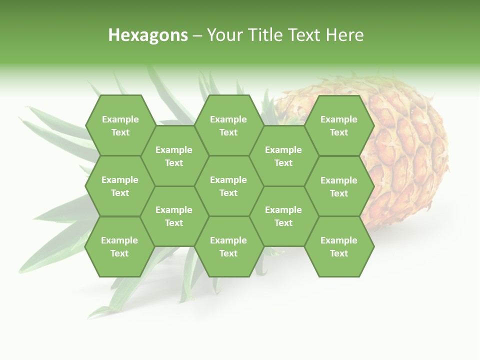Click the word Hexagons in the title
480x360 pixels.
148,35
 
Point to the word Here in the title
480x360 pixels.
345,35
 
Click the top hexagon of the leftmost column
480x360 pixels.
120,125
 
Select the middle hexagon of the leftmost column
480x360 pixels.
120,186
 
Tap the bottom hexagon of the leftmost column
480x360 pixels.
119,246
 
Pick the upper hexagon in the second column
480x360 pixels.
174,156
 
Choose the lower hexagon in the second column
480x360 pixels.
174,216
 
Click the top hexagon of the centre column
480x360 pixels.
228,125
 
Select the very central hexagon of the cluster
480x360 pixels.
228,186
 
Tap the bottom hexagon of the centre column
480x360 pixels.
228,246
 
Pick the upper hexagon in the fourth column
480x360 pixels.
283,156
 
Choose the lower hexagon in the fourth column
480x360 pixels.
283,216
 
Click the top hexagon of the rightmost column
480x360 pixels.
339,125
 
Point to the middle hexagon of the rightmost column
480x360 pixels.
339,186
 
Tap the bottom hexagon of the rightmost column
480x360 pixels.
339,246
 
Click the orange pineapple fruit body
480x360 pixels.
405,150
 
